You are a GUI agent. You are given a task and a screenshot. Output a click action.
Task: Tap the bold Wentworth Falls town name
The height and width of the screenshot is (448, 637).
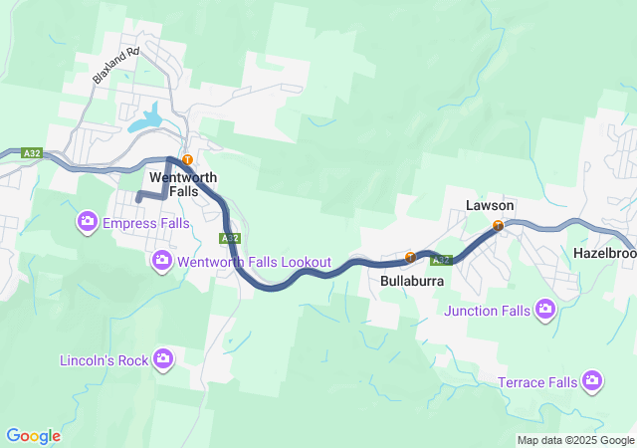(175, 184)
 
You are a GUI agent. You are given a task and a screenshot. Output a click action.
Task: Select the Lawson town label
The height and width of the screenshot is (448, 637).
(490, 205)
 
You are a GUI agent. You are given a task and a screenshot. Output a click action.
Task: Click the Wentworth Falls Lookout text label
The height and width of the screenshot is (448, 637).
(254, 262)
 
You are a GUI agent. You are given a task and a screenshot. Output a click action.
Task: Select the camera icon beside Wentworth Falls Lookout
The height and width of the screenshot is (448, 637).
(162, 261)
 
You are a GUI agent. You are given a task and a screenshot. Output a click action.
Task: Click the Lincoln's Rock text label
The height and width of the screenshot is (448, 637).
(105, 359)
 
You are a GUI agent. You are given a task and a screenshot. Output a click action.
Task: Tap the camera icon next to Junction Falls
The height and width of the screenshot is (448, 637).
(544, 311)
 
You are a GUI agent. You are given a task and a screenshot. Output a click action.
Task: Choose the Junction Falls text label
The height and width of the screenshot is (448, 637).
(488, 311)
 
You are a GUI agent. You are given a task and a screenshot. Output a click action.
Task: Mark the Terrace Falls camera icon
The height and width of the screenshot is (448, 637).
(593, 381)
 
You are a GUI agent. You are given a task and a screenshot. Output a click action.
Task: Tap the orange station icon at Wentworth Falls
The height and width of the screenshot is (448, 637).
(186, 159)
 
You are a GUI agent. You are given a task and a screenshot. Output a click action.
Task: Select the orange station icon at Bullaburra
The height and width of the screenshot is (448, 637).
(410, 258)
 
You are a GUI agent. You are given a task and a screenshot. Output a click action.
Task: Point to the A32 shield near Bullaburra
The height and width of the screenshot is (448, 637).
(442, 261)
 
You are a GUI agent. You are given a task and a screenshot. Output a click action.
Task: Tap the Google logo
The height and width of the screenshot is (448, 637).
(33, 436)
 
